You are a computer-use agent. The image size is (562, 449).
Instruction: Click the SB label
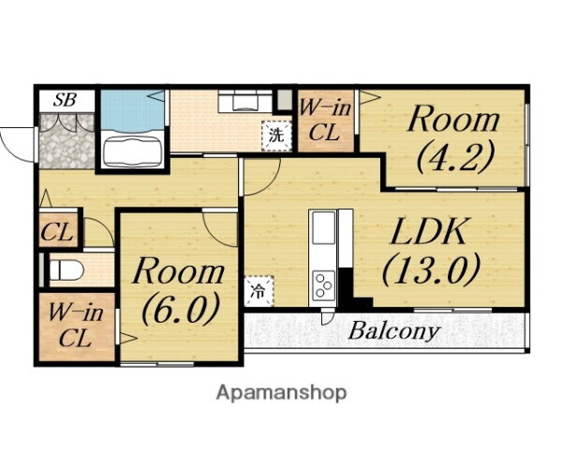(x=65, y=100)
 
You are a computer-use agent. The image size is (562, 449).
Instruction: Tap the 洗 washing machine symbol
(x=276, y=136)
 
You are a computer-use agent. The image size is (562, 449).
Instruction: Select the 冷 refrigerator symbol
(x=259, y=291)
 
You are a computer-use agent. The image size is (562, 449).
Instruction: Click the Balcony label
(x=393, y=331)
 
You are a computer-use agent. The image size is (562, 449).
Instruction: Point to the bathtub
(x=131, y=152)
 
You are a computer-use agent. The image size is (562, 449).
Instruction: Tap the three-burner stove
(x=324, y=285)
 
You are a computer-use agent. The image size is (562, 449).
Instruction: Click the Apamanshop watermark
(x=281, y=393)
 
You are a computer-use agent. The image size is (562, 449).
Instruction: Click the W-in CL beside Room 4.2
(x=325, y=121)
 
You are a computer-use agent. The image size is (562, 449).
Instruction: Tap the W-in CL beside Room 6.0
(x=77, y=326)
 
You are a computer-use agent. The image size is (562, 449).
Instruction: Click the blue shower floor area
(x=132, y=110)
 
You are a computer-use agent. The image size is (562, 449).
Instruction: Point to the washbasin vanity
(x=244, y=100)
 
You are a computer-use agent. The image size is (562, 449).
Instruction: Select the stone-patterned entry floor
(x=67, y=140)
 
